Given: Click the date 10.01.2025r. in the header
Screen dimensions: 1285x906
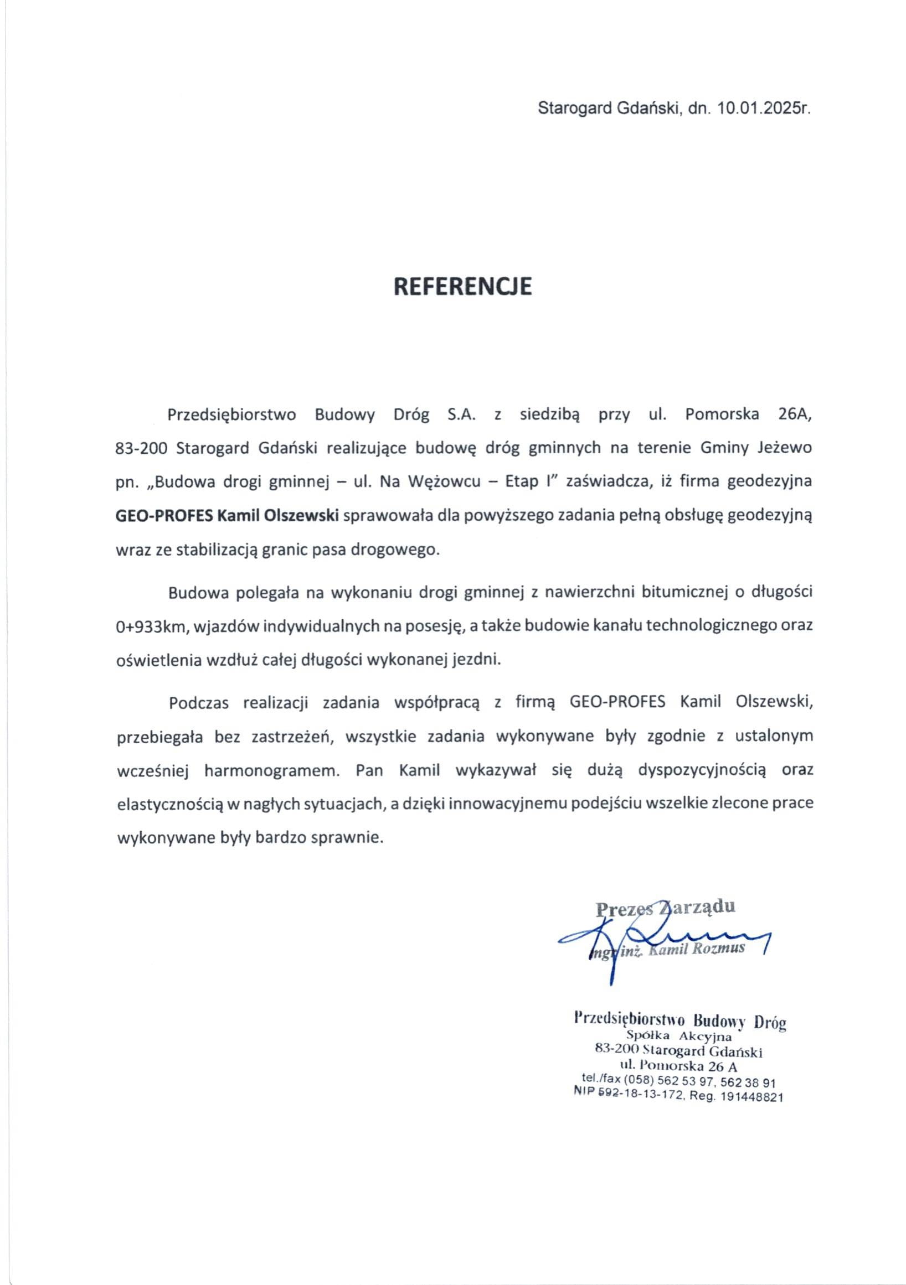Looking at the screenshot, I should [x=761, y=108].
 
